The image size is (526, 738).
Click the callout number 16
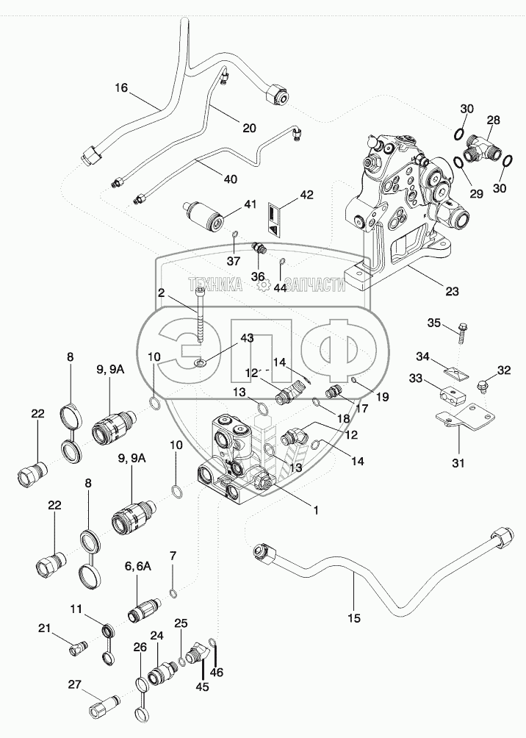[121, 87]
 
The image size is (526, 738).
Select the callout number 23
[452, 290]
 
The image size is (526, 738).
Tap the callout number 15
[353, 618]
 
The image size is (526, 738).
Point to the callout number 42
[306, 196]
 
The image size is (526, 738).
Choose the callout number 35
[434, 323]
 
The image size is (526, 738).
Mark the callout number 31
[458, 463]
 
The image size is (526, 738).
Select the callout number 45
[202, 687]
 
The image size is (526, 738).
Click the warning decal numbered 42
[275, 219]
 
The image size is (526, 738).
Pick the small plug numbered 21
[75, 648]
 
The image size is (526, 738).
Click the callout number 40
[230, 179]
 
